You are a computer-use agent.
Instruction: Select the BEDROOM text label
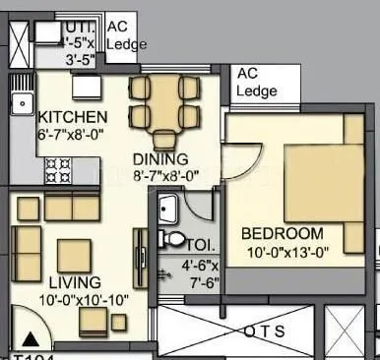pyautogui.click(x=282, y=234)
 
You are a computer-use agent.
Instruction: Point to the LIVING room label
pyautogui.click(x=52, y=283)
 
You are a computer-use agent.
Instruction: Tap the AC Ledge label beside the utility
pyautogui.click(x=125, y=36)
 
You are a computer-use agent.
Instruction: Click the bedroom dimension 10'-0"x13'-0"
pyautogui.click(x=283, y=253)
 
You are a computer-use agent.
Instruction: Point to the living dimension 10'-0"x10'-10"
pyautogui.click(x=56, y=300)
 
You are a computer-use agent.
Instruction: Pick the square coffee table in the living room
pyautogui.click(x=74, y=256)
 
